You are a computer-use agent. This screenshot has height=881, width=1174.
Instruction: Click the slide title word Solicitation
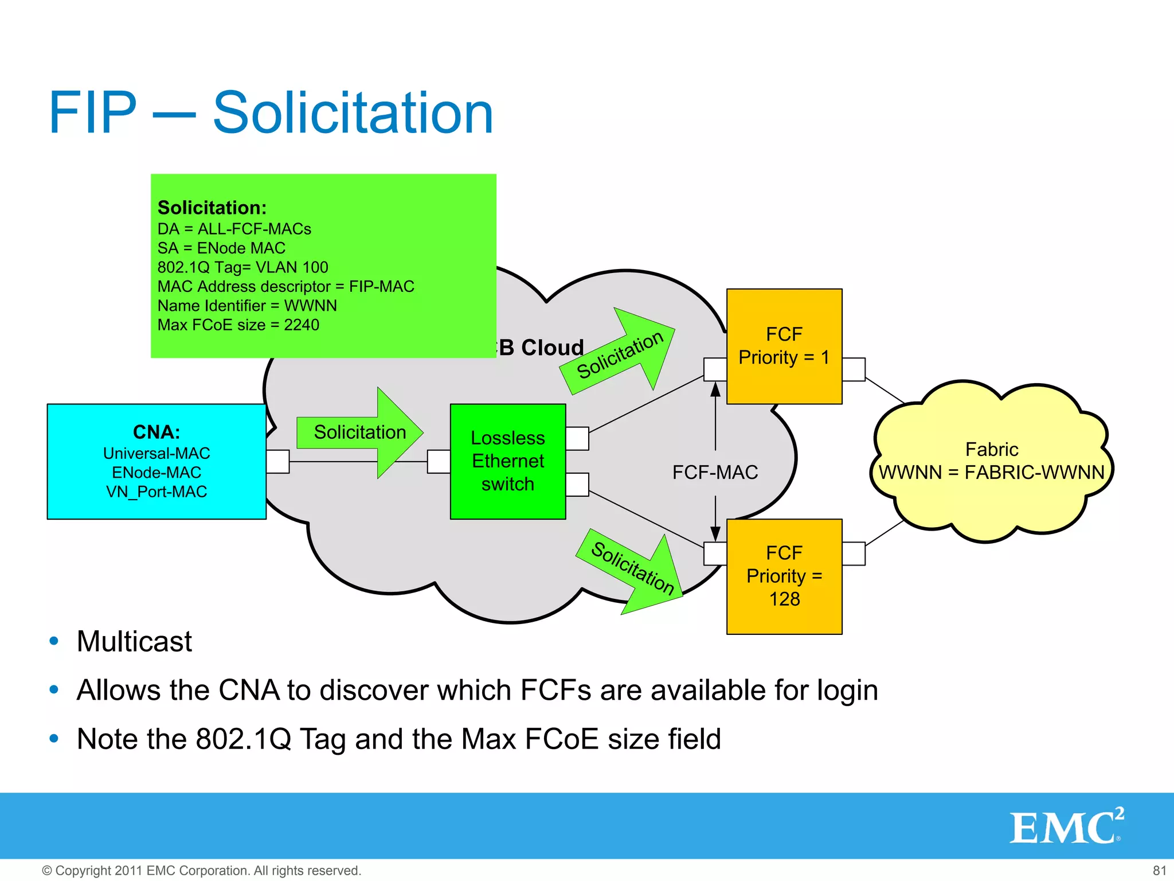click(353, 113)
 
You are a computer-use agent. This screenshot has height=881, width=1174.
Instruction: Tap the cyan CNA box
click(156, 461)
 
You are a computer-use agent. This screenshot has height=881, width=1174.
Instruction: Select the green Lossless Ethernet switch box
click(507, 461)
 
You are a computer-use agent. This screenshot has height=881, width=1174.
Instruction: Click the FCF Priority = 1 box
click(784, 346)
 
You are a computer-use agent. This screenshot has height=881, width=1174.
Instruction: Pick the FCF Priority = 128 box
click(784, 576)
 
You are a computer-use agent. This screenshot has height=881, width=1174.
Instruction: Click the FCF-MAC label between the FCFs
click(715, 472)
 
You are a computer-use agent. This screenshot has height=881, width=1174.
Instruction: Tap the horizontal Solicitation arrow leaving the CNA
click(360, 432)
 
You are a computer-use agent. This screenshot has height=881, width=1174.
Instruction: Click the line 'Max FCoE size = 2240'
click(238, 325)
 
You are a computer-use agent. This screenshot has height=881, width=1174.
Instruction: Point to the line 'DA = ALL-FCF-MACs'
click(234, 229)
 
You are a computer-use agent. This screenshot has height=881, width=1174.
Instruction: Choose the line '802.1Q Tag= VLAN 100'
click(242, 267)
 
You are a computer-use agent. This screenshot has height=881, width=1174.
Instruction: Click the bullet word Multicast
click(134, 641)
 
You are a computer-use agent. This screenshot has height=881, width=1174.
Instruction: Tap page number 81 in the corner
click(1159, 870)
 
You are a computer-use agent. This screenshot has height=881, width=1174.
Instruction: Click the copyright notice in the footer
click(201, 870)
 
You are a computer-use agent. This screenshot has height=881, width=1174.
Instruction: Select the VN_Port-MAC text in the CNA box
click(156, 492)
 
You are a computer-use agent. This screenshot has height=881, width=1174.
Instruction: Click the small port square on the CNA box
click(277, 462)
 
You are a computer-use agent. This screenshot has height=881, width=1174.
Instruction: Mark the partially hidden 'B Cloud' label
click(540, 348)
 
